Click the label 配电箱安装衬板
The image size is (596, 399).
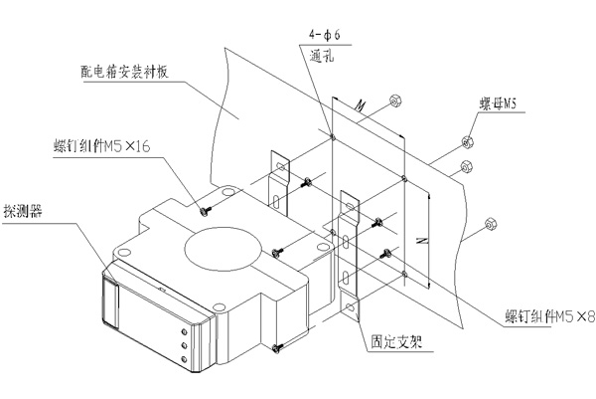click(124, 72)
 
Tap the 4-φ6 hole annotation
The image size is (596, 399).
click(324, 36)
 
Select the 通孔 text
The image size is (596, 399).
click(322, 57)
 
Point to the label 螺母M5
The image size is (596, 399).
click(498, 103)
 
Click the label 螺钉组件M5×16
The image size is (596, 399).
click(102, 146)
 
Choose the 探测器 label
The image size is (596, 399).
click(22, 211)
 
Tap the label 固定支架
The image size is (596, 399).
click(396, 342)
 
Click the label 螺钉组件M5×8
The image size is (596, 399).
click(550, 316)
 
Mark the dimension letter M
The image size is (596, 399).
click(360, 105)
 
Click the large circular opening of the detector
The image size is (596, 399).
click(223, 249)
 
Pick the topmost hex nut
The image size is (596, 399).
click(396, 101)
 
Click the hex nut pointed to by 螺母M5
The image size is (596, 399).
click(467, 142)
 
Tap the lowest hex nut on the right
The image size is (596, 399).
click(491, 224)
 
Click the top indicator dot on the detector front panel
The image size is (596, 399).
click(185, 332)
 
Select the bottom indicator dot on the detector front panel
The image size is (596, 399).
click(185, 359)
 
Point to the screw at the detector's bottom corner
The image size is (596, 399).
click(277, 347)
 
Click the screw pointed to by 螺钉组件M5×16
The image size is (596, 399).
click(206, 211)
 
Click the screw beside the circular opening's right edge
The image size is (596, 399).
click(277, 252)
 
